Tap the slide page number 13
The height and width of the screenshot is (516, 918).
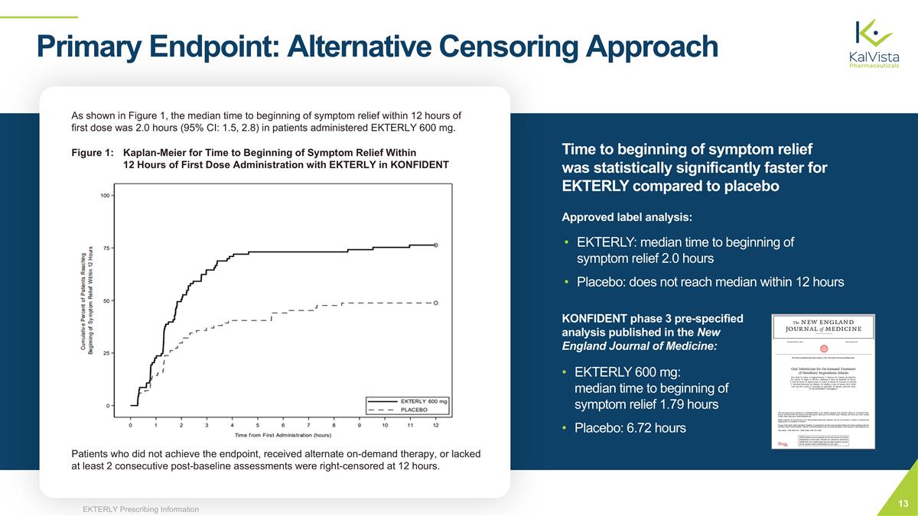click(903, 502)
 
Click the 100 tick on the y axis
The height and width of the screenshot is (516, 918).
click(105, 196)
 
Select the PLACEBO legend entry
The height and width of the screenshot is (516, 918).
click(414, 409)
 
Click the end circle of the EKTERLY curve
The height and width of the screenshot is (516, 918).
click(436, 245)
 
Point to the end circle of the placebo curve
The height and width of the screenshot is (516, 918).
click(436, 303)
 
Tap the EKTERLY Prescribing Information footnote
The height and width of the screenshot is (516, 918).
click(141, 509)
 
